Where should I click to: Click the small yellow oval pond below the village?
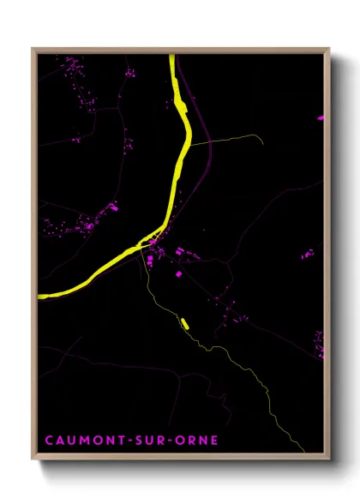[x=184, y=323]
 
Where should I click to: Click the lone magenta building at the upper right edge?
[x=321, y=117]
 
